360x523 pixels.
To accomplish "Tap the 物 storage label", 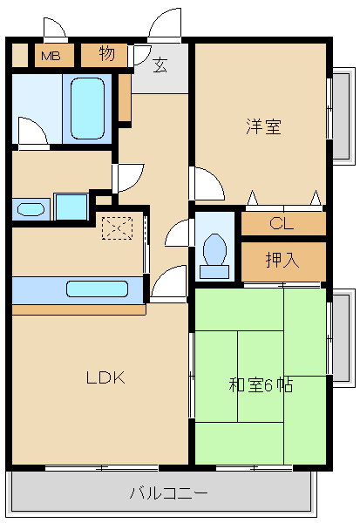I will (105, 54).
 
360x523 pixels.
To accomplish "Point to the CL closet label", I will (282, 224).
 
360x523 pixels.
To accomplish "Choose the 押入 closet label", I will (282, 261).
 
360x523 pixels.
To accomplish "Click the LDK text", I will (105, 377).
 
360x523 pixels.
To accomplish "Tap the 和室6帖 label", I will (261, 384).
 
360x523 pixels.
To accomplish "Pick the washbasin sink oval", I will (31, 209).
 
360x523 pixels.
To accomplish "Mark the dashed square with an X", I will (115, 228).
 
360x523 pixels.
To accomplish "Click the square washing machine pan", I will (69, 207).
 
